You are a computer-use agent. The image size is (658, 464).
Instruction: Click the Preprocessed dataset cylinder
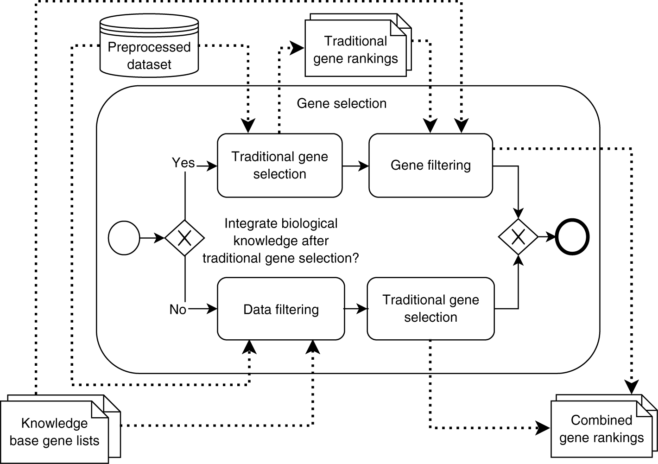tap(149, 46)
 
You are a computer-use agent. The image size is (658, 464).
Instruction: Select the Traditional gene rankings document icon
tap(355, 49)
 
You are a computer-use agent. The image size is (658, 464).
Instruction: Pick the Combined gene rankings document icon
tap(601, 429)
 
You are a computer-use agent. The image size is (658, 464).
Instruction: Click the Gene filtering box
tap(430, 165)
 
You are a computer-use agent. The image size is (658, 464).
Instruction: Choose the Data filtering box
tap(281, 309)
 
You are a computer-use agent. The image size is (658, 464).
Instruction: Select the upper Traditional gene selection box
tap(280, 165)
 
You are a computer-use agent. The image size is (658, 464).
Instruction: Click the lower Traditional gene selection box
tap(430, 309)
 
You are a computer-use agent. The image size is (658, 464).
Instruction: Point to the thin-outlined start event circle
tap(124, 238)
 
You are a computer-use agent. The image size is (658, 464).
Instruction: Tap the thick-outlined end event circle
tap(572, 237)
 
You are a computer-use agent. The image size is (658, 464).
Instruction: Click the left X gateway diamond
tap(184, 238)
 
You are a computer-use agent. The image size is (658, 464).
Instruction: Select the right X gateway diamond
tap(518, 237)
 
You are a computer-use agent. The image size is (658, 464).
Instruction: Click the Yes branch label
tap(183, 163)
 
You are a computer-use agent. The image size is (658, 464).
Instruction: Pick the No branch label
tap(177, 309)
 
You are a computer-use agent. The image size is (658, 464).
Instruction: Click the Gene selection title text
tap(342, 103)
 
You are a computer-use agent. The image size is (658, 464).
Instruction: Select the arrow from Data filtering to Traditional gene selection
tap(356, 309)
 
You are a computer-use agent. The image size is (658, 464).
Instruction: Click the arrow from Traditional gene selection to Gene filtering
tap(356, 165)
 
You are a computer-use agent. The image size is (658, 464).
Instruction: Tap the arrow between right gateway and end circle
tap(547, 237)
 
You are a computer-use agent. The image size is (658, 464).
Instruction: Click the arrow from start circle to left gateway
tap(152, 238)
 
